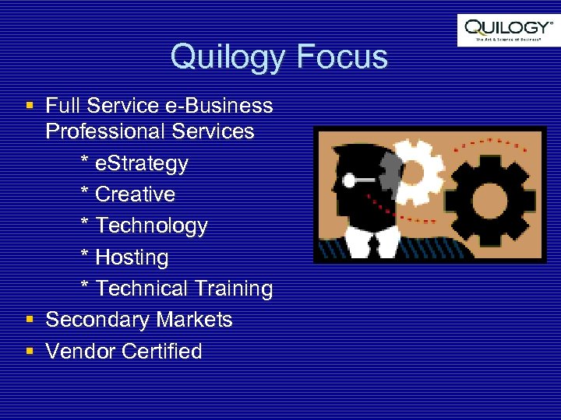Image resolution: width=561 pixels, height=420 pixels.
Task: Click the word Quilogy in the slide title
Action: point(228,58)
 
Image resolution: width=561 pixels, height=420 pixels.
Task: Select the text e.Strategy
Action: point(141,163)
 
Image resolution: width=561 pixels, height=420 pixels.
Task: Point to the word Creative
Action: point(135,194)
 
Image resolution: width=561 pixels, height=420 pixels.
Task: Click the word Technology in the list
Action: point(151,226)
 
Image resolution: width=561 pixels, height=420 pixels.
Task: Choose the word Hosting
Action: point(132,257)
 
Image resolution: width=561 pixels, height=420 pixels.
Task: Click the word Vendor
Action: point(81,352)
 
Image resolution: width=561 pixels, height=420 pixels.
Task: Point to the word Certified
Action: point(162,352)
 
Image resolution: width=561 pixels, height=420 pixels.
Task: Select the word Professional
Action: point(101,131)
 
